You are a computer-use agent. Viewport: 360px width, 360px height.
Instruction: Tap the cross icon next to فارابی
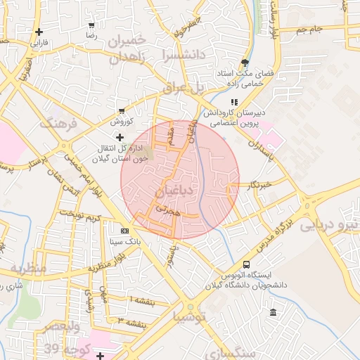tap(39, 32)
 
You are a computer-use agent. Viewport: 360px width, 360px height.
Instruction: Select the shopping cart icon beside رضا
tap(91, 25)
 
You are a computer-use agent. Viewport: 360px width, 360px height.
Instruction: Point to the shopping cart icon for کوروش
tap(122, 110)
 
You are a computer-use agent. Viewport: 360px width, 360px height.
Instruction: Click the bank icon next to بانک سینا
tap(124, 231)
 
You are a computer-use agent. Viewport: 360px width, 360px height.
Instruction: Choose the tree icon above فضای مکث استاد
tap(244, 62)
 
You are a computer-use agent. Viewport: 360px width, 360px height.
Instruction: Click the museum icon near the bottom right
tap(273, 312)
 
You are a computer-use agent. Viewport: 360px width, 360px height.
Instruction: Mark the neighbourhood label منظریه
tap(27, 269)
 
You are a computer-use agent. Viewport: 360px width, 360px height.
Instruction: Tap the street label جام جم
tap(310, 30)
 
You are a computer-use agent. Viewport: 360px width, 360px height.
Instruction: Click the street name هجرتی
tap(169, 210)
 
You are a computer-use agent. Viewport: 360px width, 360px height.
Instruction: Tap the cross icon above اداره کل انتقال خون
tap(120, 136)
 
